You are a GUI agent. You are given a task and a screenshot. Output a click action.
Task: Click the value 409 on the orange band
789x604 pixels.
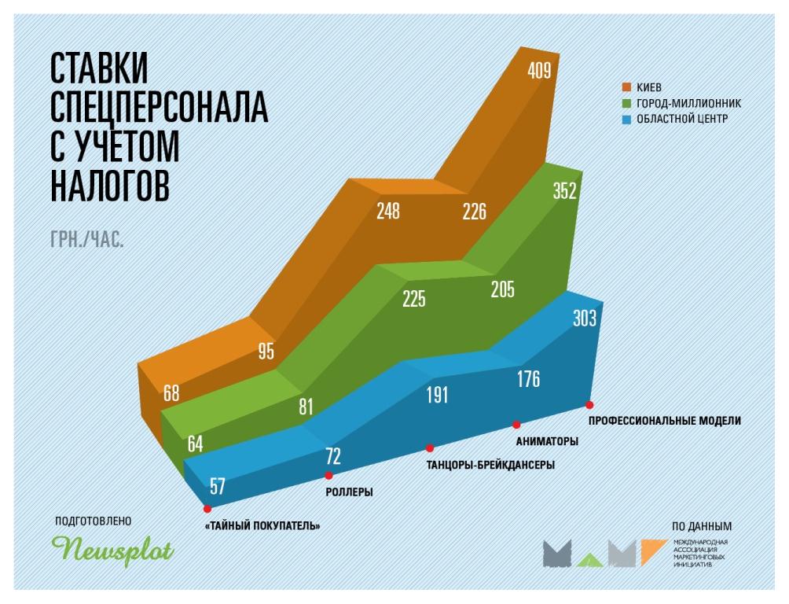[539, 72]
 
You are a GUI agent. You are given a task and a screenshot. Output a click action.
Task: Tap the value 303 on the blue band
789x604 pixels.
[585, 318]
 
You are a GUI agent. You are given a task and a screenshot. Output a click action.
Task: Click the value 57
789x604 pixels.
[213, 484]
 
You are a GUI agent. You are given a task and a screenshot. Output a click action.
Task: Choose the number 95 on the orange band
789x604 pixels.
[266, 352]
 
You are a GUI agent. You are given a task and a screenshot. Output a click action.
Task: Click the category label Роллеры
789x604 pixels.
[349, 492]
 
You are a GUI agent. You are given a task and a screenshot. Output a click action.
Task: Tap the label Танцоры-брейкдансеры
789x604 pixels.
[490, 465]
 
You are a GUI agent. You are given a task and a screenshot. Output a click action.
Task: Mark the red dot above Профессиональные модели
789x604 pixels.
[589, 404]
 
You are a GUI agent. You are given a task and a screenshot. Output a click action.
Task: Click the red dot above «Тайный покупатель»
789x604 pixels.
[207, 509]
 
